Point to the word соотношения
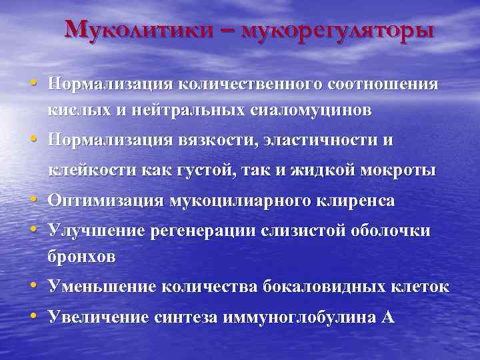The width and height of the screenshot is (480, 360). coord(383,85)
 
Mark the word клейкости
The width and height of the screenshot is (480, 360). coord(91,171)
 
